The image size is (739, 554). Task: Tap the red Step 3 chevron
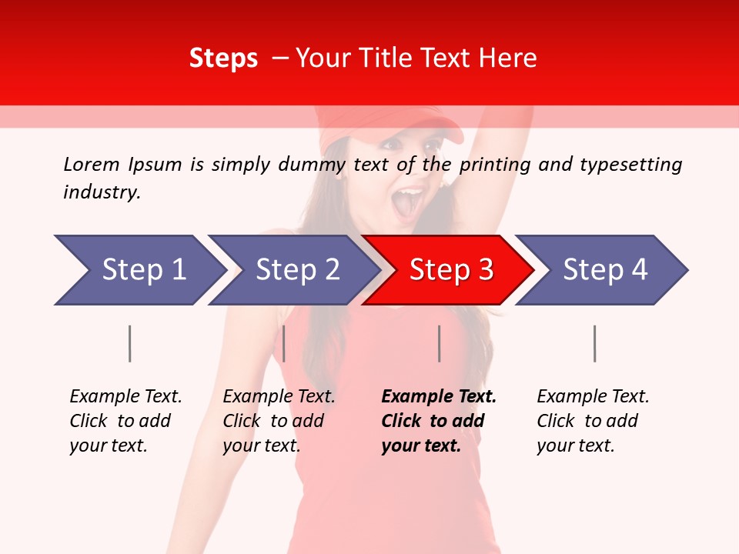(449, 270)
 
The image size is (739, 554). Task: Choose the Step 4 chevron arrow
(603, 270)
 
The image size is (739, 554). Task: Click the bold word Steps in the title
(223, 58)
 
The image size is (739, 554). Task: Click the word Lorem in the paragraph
(91, 164)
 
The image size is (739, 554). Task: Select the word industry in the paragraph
(101, 192)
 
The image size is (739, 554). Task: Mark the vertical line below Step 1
(130, 343)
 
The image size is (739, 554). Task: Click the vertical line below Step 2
(284, 343)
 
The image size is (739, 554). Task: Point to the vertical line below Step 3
(440, 343)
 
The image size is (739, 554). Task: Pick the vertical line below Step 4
(594, 343)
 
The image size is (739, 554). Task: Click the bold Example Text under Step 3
(439, 397)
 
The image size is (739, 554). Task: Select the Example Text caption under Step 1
(125, 397)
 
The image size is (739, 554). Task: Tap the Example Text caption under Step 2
(279, 397)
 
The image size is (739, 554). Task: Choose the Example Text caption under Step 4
(593, 397)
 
